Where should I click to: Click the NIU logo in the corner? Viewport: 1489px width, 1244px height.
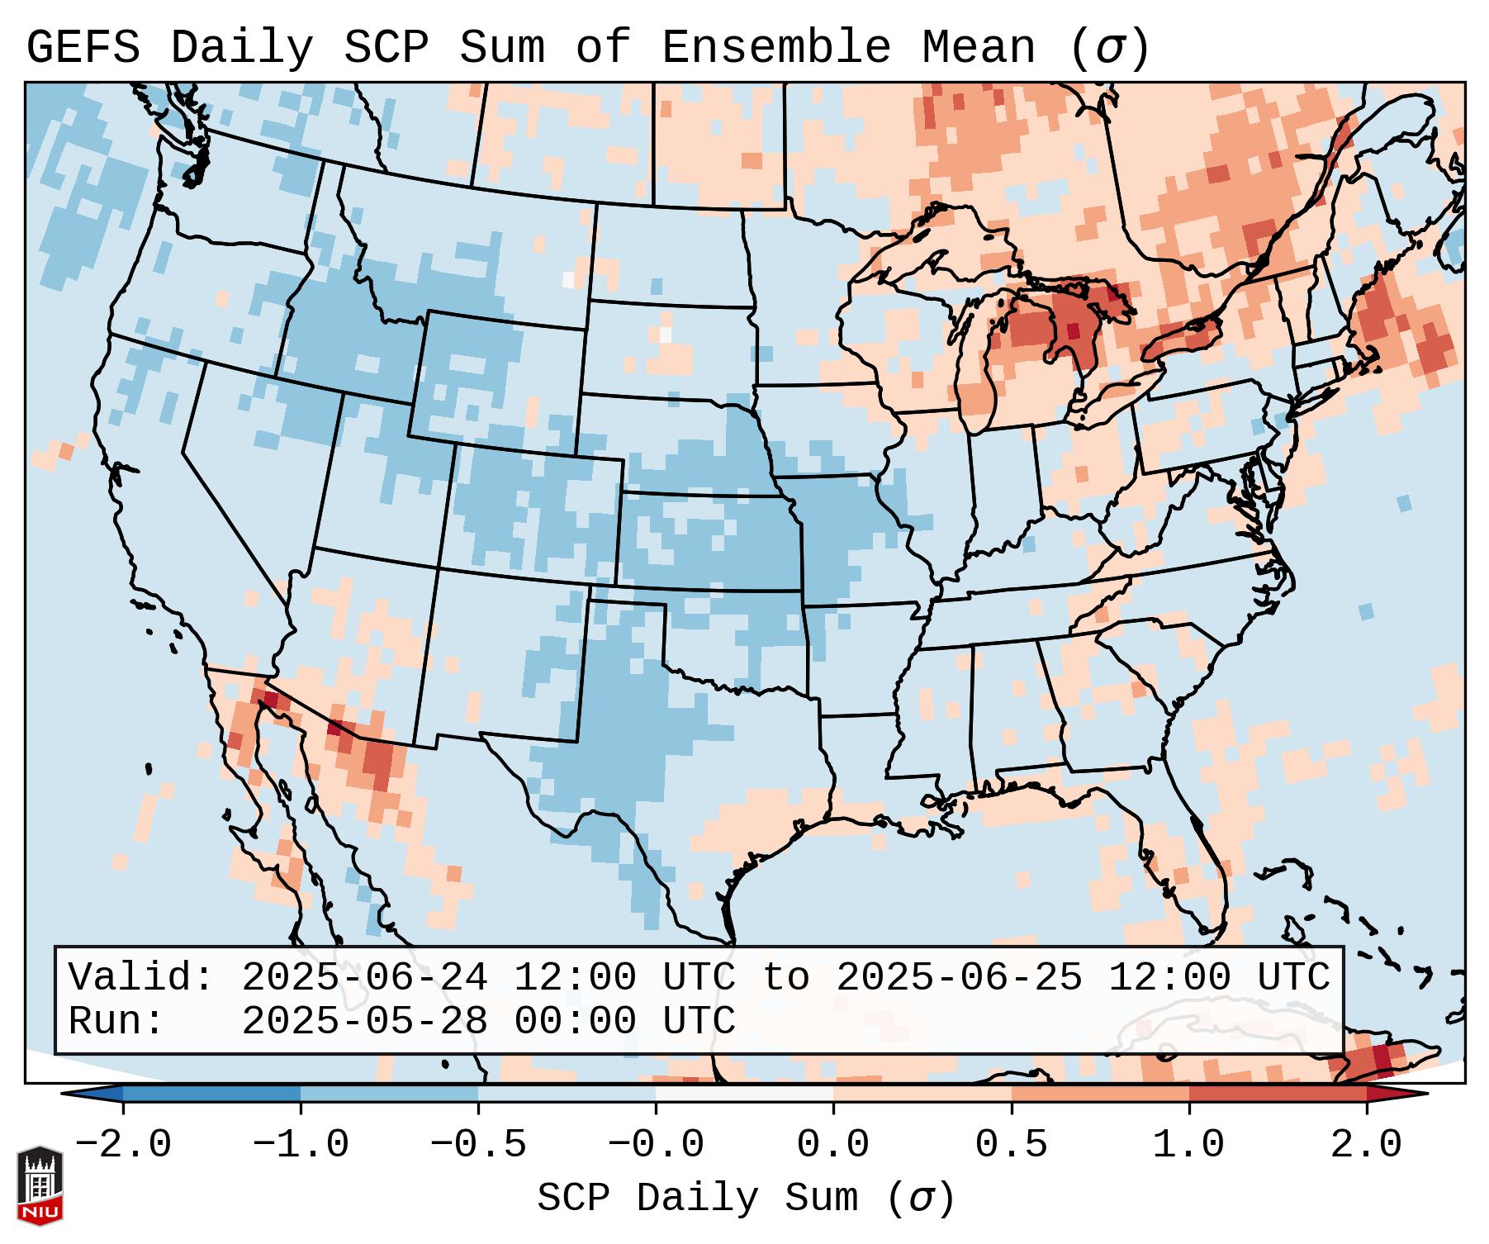tap(40, 1185)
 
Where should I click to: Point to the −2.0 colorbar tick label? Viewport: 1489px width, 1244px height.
tap(123, 1145)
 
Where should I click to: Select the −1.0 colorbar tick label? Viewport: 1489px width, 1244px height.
tap(301, 1145)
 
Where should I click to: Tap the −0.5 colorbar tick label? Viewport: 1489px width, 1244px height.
tap(478, 1145)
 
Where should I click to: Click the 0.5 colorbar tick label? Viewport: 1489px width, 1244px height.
tap(1011, 1145)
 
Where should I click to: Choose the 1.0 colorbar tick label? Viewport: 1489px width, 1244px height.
tap(1188, 1145)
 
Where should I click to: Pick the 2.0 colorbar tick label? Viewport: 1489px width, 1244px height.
tap(1366, 1145)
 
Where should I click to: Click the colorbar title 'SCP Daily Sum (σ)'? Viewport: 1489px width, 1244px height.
tap(746, 1199)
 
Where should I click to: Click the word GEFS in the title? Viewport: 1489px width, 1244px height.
tap(83, 48)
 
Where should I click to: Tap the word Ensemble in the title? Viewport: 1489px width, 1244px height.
tap(775, 48)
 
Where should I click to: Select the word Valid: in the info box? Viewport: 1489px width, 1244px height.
tap(141, 977)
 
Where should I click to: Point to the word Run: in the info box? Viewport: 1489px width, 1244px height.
tap(116, 1021)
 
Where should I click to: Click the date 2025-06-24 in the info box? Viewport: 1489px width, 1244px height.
tap(364, 977)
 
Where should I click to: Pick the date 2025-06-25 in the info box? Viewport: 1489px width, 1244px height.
tap(959, 977)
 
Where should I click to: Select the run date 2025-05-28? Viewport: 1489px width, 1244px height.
tap(364, 1021)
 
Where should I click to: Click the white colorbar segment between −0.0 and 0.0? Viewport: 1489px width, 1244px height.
tap(744, 1094)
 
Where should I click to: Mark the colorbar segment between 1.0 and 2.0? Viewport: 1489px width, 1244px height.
tap(1277, 1094)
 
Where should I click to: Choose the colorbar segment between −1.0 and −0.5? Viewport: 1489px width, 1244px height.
tap(389, 1094)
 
